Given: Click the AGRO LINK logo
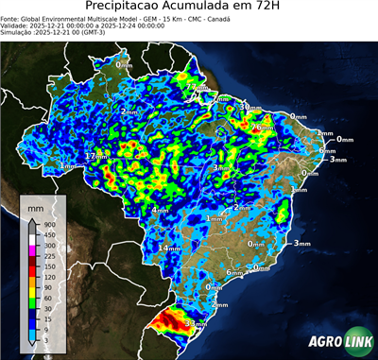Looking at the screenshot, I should pyautogui.click(x=341, y=345).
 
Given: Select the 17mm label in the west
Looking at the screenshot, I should pyautogui.click(x=96, y=155).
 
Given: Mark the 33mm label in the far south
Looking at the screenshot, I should pyautogui.click(x=197, y=323).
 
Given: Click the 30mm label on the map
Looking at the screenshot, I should pyautogui.click(x=249, y=107).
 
